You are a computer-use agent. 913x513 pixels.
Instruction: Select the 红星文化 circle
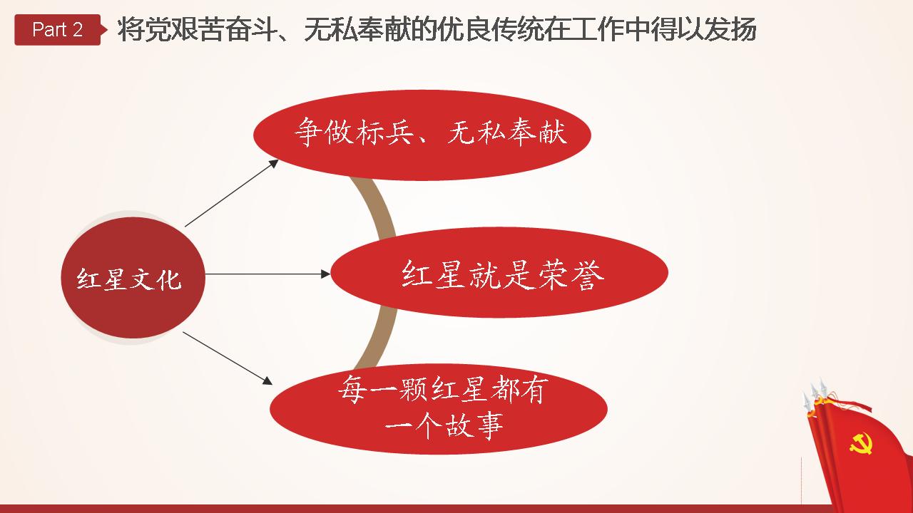click(x=133, y=278)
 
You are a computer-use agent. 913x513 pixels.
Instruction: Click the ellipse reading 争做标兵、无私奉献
click(x=422, y=135)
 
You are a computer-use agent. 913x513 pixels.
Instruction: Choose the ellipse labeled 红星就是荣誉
click(x=499, y=272)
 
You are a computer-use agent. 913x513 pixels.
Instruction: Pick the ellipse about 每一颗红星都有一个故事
click(x=439, y=409)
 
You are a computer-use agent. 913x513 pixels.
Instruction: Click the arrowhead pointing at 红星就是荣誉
click(x=325, y=274)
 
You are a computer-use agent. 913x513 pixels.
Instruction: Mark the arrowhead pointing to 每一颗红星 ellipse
click(x=267, y=381)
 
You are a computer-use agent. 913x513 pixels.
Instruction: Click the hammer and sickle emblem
click(x=861, y=443)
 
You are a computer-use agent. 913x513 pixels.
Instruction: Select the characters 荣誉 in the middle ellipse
click(x=571, y=275)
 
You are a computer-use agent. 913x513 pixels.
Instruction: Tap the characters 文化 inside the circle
click(x=155, y=280)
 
